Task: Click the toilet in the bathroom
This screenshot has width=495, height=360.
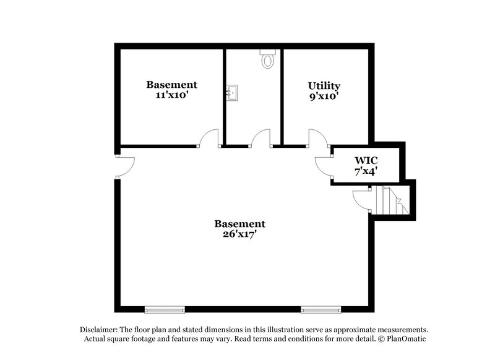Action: pos(268,59)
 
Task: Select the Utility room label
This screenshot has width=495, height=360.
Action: pos(324,85)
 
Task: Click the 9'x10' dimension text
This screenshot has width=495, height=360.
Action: pos(324,96)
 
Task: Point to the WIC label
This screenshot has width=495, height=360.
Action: pos(366,161)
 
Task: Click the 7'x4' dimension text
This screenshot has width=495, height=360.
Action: pos(366,172)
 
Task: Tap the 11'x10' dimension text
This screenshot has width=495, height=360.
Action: pos(171,95)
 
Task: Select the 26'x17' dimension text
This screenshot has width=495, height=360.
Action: pos(239,235)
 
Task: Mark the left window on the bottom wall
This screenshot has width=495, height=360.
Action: pos(165,309)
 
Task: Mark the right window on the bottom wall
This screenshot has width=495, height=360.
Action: pos(321,309)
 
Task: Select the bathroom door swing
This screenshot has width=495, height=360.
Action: pos(260,138)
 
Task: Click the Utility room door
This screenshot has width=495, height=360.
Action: pos(317,138)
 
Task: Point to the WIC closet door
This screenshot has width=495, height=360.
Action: pos(324,165)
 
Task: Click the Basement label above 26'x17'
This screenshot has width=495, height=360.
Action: pos(239,224)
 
